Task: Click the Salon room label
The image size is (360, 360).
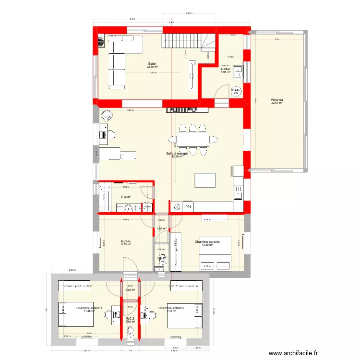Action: point(152,64)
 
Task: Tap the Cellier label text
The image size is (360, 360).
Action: point(225,69)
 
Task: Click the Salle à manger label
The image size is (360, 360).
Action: point(177,154)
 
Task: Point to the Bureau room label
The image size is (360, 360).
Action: point(126,242)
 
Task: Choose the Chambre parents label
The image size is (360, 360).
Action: point(207,242)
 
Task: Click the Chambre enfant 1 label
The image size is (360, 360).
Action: point(89,308)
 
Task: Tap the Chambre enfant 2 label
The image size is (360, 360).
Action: point(171,308)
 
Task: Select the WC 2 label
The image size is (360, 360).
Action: point(130,318)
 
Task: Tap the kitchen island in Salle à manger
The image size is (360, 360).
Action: point(204,180)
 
